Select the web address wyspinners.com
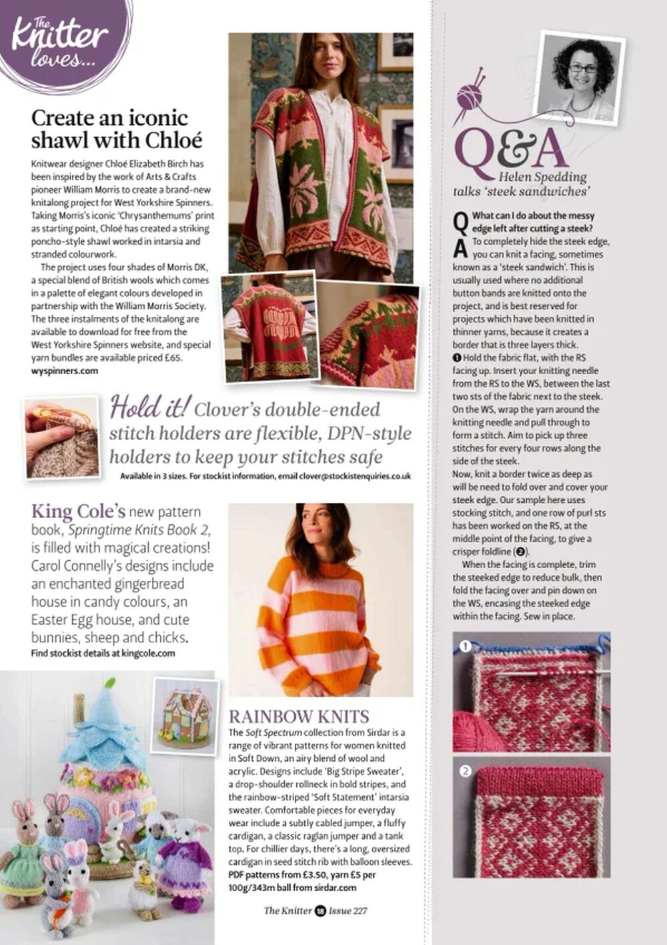(x=64, y=371)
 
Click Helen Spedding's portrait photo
(x=581, y=77)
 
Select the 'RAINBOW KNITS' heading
(x=299, y=717)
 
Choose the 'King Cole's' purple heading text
(x=78, y=512)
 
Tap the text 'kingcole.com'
(x=148, y=654)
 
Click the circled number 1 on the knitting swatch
(x=466, y=646)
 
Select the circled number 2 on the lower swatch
(x=466, y=771)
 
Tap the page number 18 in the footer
(x=320, y=911)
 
